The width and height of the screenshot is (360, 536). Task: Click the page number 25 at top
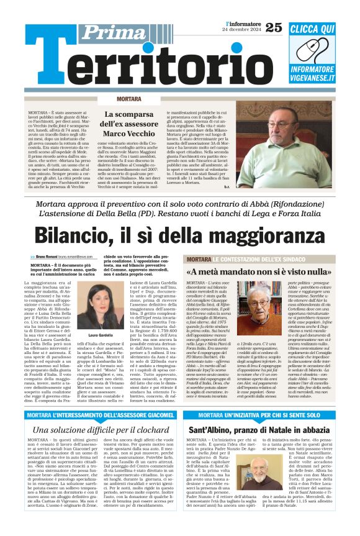[x=273, y=27]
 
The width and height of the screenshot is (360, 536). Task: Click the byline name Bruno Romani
[x=50, y=257]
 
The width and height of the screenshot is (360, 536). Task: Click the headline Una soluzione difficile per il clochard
[x=101, y=430]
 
